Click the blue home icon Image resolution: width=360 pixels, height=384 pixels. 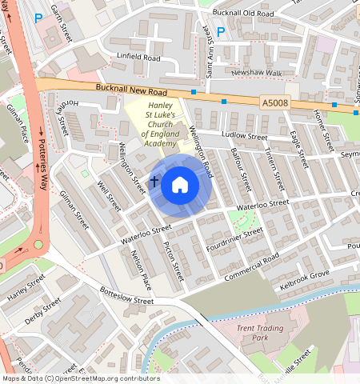click(x=180, y=186)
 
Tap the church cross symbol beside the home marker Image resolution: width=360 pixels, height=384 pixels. click(x=154, y=183)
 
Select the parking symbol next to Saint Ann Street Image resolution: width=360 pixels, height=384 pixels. click(x=221, y=32)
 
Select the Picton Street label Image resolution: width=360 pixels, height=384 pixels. click(x=174, y=262)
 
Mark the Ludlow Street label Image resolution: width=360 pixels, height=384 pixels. click(x=244, y=137)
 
